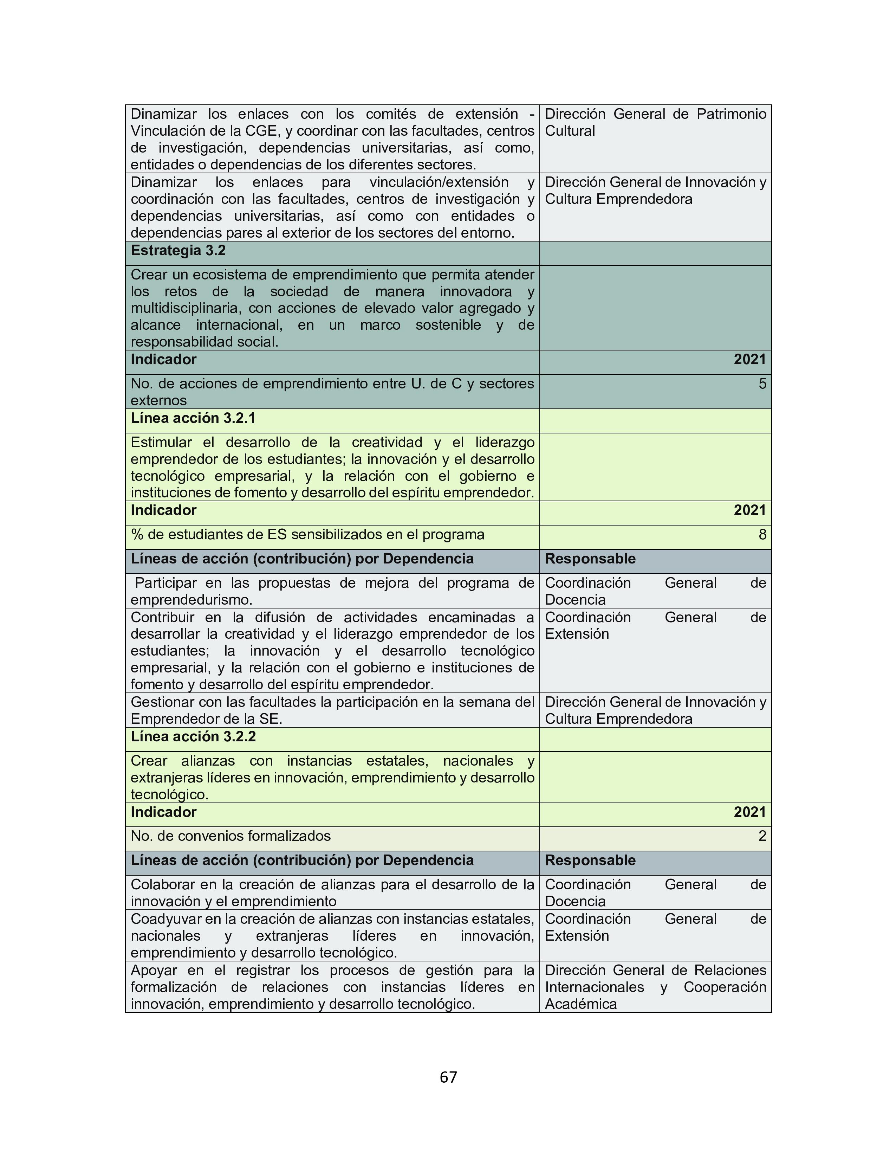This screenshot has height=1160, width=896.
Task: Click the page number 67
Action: pos(448,1077)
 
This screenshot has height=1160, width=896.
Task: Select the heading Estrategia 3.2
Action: pos(178,250)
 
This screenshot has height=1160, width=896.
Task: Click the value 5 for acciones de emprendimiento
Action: pos(762,384)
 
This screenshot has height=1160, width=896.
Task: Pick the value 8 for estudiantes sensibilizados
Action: pos(762,534)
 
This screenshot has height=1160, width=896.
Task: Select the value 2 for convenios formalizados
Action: pos(762,836)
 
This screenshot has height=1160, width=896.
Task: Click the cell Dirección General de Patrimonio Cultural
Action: pos(655,122)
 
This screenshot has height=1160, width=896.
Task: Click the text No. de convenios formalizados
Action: pos(231,836)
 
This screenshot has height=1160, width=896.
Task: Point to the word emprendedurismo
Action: pos(191,600)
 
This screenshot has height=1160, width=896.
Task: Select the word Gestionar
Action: pos(164,702)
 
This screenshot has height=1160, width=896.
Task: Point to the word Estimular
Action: pos(161,443)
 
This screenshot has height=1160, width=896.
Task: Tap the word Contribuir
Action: pos(164,617)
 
